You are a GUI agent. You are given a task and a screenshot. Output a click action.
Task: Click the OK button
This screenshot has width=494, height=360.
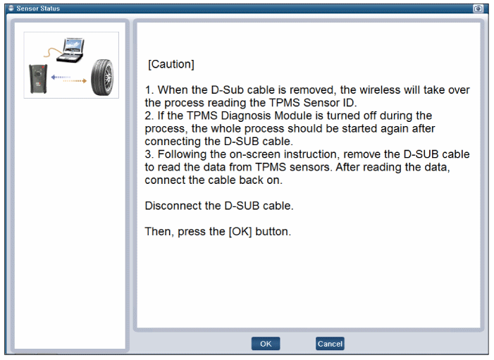[266, 344]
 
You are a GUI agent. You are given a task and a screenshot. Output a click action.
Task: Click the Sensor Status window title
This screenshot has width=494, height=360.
[38, 8]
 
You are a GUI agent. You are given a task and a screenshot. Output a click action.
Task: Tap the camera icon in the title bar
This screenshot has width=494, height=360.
[478, 8]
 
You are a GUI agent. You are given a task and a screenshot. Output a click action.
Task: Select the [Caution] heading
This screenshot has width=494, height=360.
[171, 64]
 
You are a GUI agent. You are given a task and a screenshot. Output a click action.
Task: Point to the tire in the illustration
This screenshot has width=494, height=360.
[102, 77]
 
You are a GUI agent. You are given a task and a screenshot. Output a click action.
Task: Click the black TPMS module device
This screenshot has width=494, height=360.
[38, 79]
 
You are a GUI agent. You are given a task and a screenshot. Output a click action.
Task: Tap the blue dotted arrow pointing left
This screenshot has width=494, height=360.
[61, 77]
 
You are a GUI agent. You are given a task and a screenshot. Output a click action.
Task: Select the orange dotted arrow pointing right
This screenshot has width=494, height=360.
[75, 81]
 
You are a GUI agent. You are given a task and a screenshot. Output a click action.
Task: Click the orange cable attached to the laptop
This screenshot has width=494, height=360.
[53, 52]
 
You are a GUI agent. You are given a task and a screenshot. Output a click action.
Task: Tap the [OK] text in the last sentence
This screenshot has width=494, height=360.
[240, 232]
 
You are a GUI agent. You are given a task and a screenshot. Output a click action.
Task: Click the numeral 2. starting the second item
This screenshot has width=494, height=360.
[149, 116]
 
